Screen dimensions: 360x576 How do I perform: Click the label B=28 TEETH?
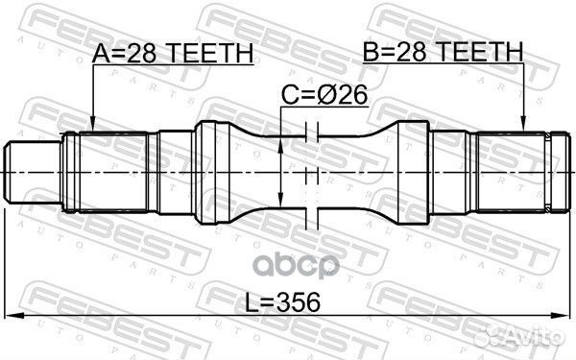443,52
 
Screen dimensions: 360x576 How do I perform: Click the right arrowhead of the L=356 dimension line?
566,316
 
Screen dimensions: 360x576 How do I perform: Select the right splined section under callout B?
509,171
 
